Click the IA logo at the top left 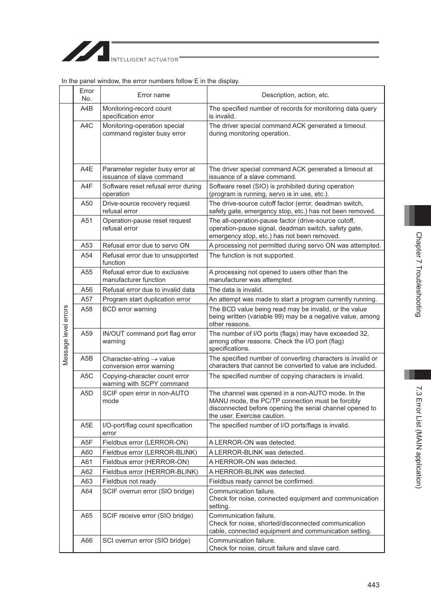85,52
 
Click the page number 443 373,585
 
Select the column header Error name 154,95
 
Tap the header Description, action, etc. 295,95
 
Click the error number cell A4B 87,108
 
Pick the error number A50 87,203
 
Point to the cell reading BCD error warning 129,309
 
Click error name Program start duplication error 146,299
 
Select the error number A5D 87,393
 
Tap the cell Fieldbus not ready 129,481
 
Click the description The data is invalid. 236,290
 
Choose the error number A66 87,540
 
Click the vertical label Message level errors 66,335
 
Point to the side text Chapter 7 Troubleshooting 419,274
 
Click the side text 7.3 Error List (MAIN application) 419,436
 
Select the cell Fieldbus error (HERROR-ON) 145,462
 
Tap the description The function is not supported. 252,255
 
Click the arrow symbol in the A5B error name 154,359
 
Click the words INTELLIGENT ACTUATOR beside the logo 145,59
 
